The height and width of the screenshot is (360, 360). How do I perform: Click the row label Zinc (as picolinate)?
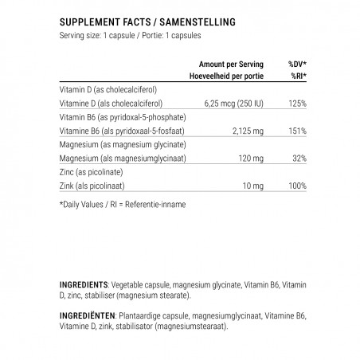[94, 172]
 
